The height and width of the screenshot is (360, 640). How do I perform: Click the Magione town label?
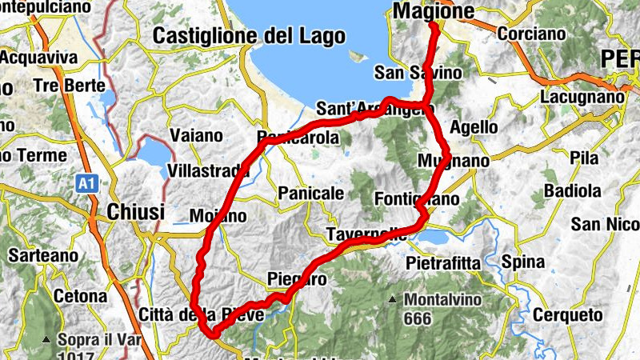[x=434, y=11]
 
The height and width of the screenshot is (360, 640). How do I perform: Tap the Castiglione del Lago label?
[x=249, y=35]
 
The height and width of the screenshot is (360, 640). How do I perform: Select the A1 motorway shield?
[x=86, y=184]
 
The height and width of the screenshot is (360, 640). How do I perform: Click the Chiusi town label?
[x=135, y=212]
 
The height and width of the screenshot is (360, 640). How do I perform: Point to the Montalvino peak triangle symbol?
[x=393, y=300]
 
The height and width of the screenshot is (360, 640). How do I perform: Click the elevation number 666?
[x=417, y=319]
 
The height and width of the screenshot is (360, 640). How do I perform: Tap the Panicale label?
[x=310, y=193]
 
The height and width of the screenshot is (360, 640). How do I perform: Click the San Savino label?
[x=418, y=73]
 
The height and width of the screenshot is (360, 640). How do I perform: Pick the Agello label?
[x=474, y=126]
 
